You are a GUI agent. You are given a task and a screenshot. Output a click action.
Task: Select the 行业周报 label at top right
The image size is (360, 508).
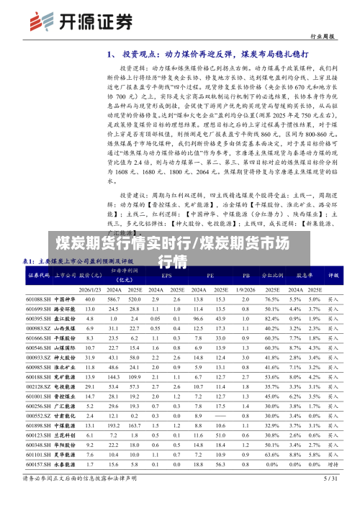(x=321, y=35)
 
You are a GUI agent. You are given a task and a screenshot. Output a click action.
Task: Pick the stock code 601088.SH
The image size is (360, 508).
(x=38, y=299)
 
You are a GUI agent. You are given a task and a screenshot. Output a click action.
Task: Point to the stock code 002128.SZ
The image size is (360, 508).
(x=38, y=387)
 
